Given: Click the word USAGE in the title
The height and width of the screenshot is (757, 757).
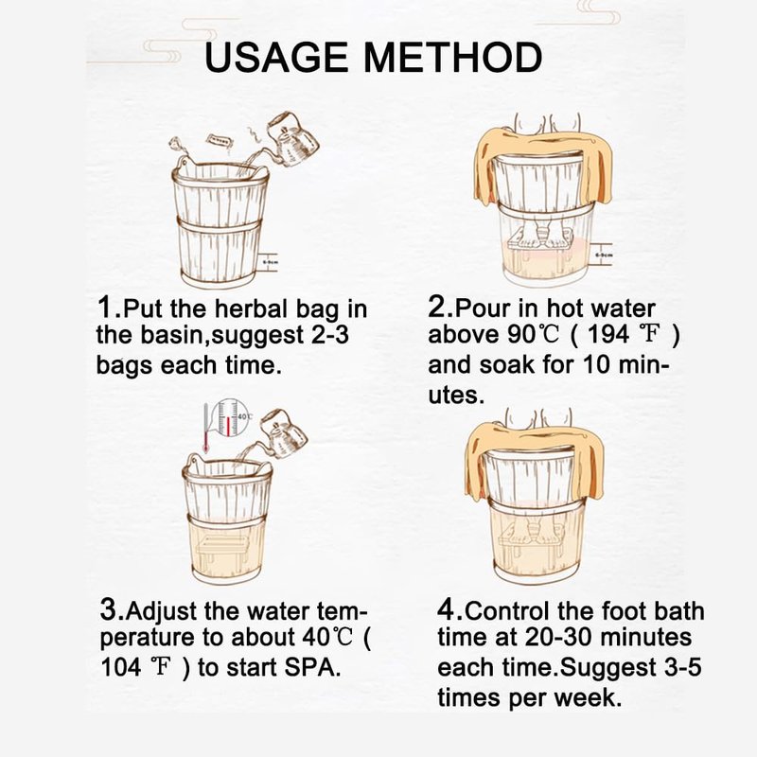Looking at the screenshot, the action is click(x=276, y=58).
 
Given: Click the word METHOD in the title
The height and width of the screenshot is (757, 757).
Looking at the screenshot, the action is click(x=453, y=58).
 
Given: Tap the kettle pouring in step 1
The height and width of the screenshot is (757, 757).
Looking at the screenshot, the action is click(x=291, y=138).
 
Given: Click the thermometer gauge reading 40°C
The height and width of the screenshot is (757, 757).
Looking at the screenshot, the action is click(x=230, y=417).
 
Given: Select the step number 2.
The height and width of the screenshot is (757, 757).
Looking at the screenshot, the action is click(x=437, y=307).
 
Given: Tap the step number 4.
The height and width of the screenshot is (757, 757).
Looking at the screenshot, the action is click(x=447, y=609).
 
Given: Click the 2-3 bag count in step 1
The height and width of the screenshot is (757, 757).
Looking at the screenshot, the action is click(x=329, y=334).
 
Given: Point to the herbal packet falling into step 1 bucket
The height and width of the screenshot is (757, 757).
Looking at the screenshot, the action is click(x=220, y=141).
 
